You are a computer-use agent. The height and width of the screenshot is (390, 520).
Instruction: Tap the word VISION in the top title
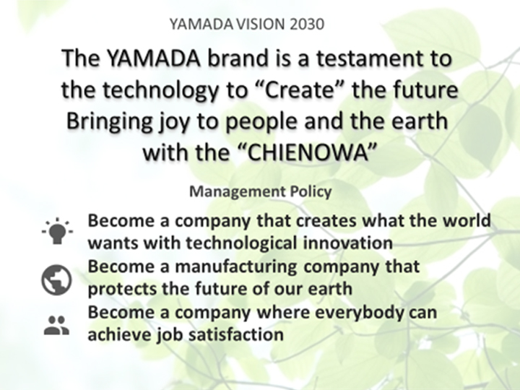[261, 25]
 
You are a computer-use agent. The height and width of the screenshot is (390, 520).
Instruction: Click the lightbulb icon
[57, 231]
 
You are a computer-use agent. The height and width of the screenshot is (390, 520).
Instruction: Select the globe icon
[56, 280]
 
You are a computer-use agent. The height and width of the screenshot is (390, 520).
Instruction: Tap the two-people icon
[56, 325]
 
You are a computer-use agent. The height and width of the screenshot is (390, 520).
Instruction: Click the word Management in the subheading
[238, 192]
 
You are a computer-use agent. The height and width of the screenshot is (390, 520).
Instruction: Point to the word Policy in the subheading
[311, 192]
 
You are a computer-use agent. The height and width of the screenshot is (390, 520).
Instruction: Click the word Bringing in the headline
[110, 122]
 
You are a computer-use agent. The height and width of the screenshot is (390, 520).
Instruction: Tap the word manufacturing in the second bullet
[235, 267]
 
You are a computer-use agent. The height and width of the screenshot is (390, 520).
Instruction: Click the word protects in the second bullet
[122, 289]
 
